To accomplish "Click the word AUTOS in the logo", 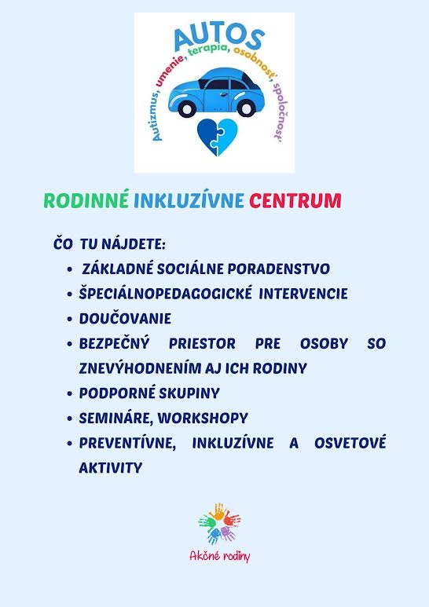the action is tap(219, 36).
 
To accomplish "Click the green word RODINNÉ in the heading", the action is tap(86, 200).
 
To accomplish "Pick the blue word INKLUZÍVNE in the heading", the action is tap(189, 200).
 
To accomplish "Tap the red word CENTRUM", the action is tap(295, 200).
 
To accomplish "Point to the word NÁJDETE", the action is tap(134, 244).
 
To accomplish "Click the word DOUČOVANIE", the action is tap(125, 318).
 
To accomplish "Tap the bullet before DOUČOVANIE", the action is tap(70, 319).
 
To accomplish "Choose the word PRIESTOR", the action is tap(202, 343).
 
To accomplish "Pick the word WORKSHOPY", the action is tap(203, 418).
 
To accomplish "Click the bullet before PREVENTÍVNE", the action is tap(70, 443).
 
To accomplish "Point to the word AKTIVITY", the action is tap(111, 468).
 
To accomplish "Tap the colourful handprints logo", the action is tap(219, 524).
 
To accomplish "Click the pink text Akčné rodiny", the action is tap(219, 556).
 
